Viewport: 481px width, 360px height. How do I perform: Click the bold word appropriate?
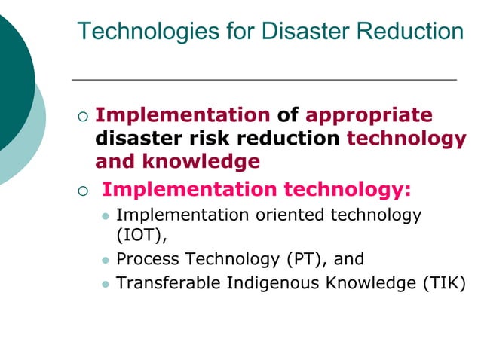369,115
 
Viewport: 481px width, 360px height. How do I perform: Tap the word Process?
148,259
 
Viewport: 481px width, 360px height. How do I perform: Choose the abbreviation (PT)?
305,259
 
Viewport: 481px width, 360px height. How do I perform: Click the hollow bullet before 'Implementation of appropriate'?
83,117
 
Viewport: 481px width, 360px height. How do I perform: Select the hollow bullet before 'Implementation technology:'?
83,189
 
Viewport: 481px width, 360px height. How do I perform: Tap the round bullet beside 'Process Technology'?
106,261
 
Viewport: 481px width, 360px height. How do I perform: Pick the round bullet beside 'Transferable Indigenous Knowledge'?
106,285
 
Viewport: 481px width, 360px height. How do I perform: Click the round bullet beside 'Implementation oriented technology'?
106,216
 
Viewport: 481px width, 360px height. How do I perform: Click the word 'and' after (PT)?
349,259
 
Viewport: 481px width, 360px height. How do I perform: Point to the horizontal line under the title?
264,79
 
